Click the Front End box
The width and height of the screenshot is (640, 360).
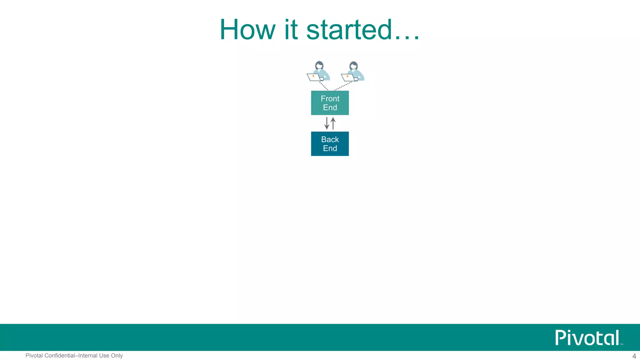click(330, 103)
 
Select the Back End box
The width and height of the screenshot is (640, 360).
click(330, 144)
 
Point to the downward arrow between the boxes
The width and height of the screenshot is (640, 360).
click(327, 123)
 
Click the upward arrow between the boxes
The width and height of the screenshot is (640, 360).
click(333, 123)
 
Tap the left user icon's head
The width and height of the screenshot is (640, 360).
click(319, 66)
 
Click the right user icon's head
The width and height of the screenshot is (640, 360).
click(353, 66)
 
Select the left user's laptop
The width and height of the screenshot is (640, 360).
click(314, 77)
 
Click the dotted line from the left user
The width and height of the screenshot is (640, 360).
click(324, 86)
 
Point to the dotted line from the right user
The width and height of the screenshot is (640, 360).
click(343, 86)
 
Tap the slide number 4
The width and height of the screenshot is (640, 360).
click(634, 356)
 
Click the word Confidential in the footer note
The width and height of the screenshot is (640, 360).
click(60, 356)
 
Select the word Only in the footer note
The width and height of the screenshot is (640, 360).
click(117, 356)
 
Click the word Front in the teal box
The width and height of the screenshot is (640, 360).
click(330, 99)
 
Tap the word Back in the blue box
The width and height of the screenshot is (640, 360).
click(330, 139)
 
